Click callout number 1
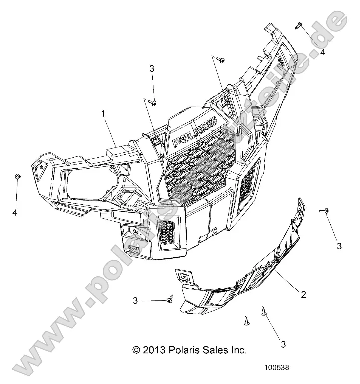pyautogui.click(x=103, y=114)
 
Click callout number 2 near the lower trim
pyautogui.click(x=303, y=295)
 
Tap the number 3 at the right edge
pyautogui.click(x=339, y=246)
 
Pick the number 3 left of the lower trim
pyautogui.click(x=135, y=301)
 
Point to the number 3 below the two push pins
pyautogui.click(x=283, y=344)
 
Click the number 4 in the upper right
pyautogui.click(x=323, y=52)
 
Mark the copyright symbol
pyautogui.click(x=137, y=350)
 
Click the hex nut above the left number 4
pyautogui.click(x=18, y=177)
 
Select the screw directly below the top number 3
pyautogui.click(x=153, y=102)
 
